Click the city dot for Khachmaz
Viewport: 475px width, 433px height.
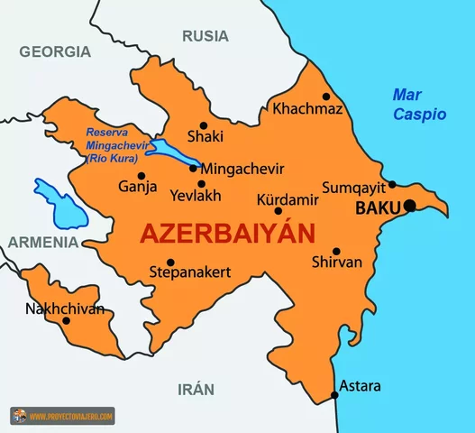[x=326, y=97]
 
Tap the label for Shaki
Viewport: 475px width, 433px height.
[x=205, y=137]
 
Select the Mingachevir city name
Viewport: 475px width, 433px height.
[x=242, y=169]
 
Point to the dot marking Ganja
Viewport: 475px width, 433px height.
[x=142, y=176]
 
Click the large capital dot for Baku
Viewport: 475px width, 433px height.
[x=409, y=206]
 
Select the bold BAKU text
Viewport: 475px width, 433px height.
[x=378, y=208]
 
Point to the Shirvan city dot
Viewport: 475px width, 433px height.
[x=336, y=252]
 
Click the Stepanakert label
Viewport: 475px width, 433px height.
[x=190, y=272]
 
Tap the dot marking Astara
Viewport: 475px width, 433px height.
[x=334, y=394]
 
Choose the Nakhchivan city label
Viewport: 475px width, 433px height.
[x=65, y=309]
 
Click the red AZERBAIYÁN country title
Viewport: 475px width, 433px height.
[x=226, y=235]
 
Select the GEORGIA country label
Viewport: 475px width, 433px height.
[x=56, y=51]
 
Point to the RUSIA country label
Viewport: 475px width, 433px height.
[x=206, y=36]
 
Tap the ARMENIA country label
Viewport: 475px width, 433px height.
[x=42, y=243]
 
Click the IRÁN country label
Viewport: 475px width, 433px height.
[x=196, y=390]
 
